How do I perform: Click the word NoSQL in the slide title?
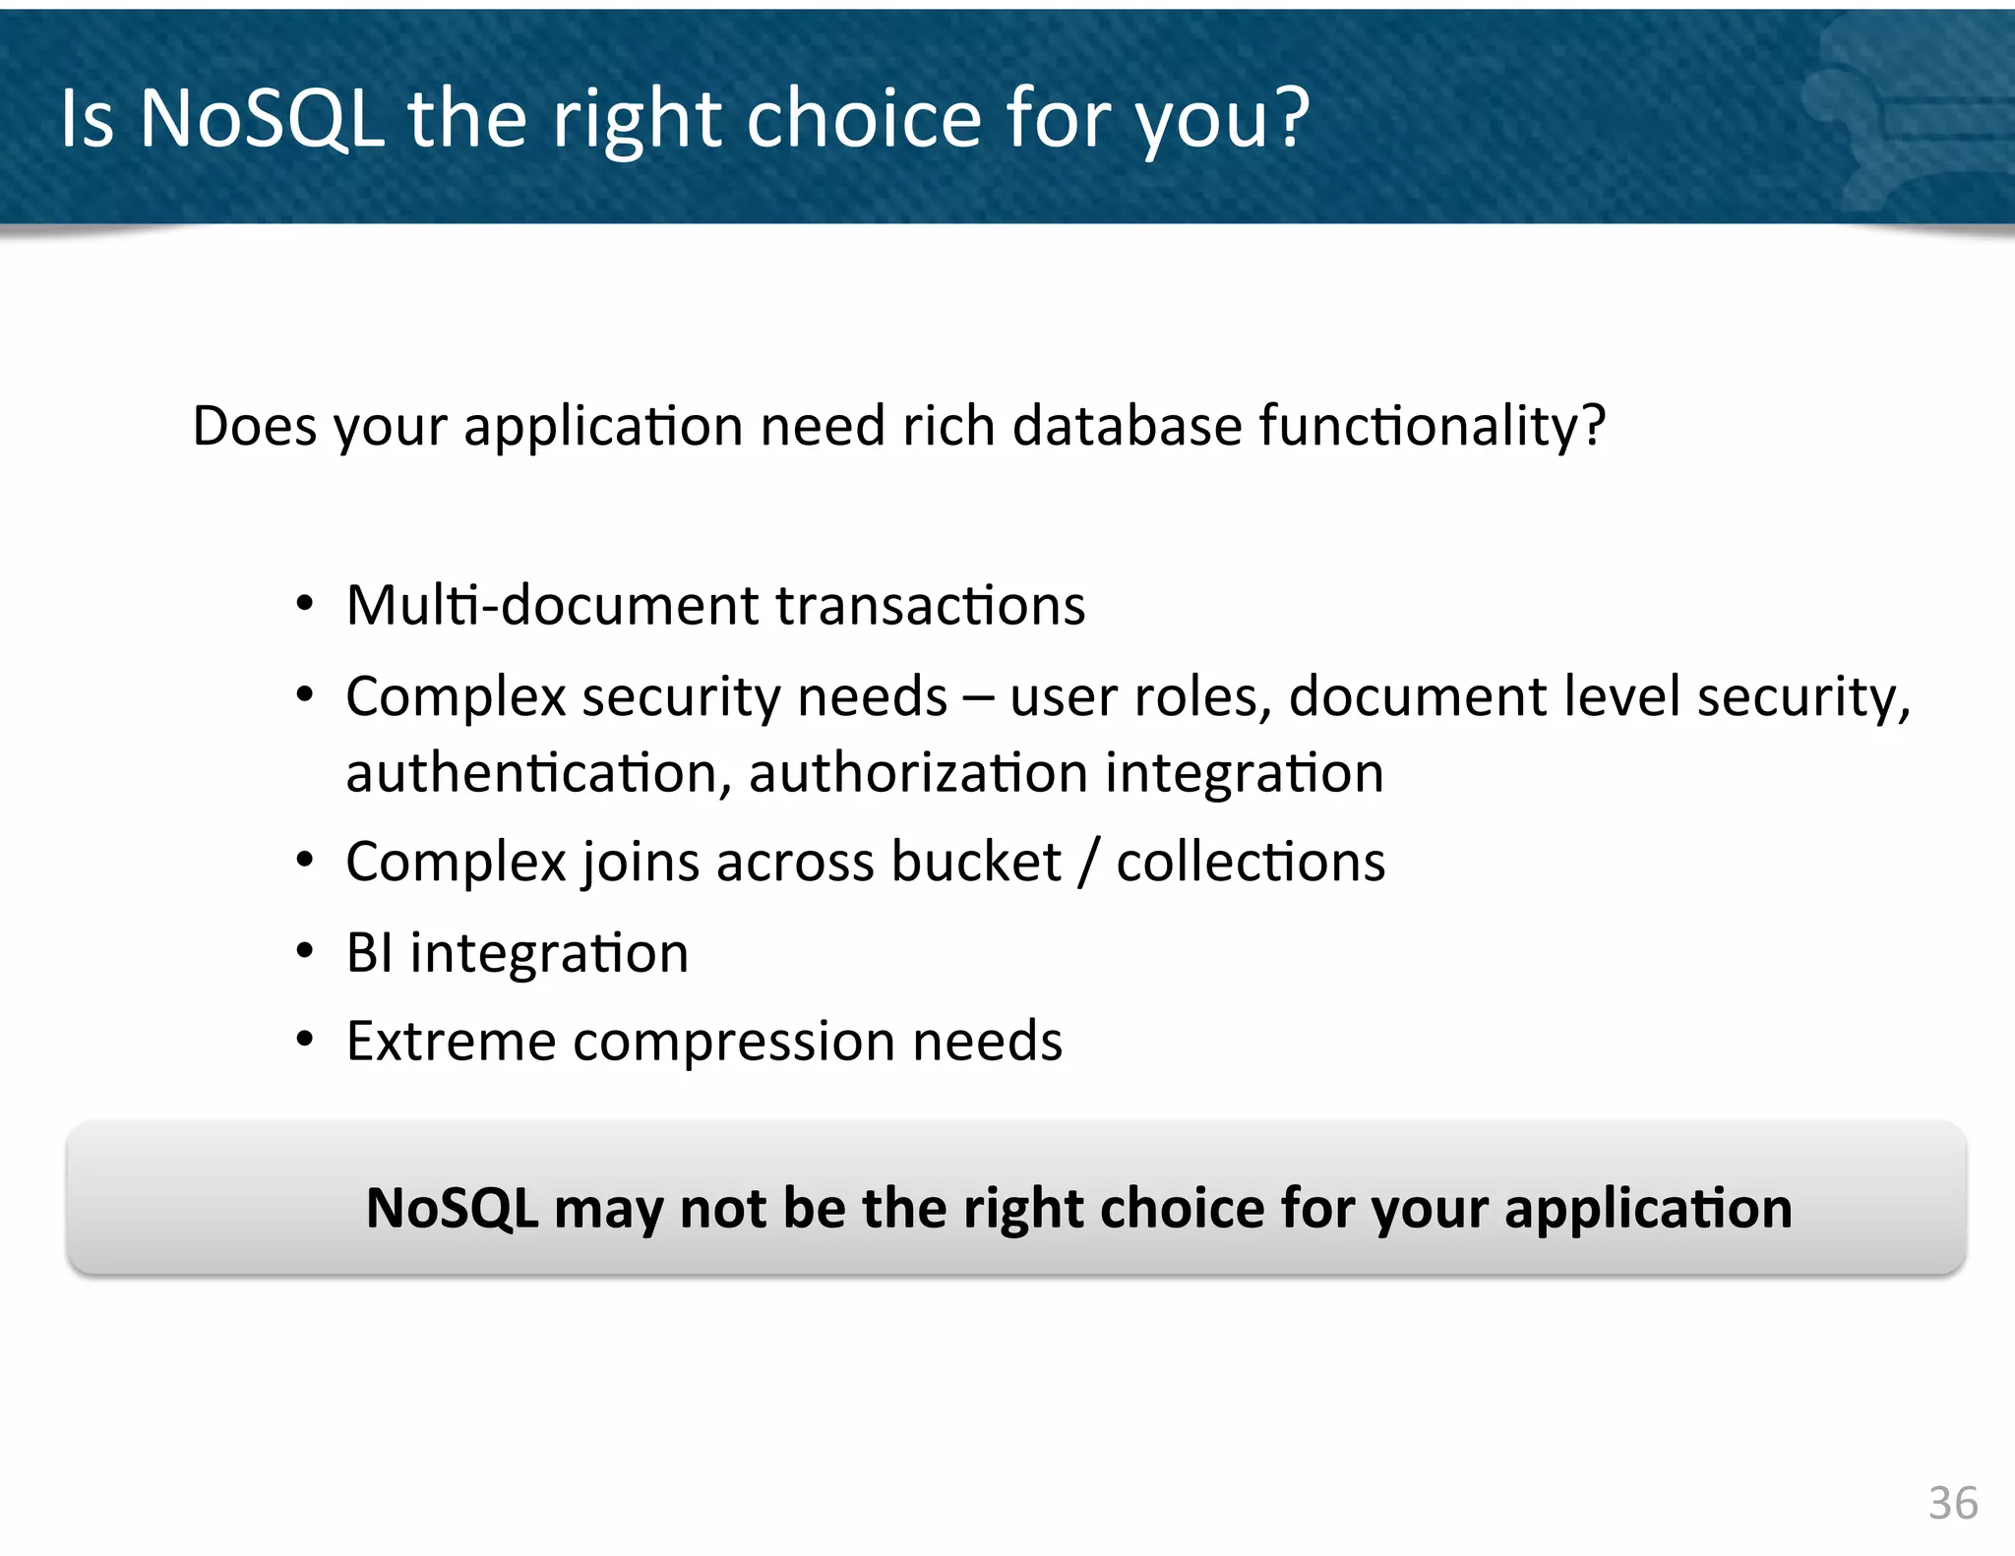coord(261,118)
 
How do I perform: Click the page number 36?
coord(1952,1503)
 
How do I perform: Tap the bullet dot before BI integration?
coord(305,952)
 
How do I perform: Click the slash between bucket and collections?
coord(1088,863)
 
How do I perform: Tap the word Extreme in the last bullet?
coord(451,1041)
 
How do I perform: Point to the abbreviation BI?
coord(369,953)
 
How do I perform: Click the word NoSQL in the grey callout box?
coord(452,1208)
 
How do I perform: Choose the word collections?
coord(1251,862)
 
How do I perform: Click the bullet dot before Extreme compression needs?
coord(305,1040)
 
